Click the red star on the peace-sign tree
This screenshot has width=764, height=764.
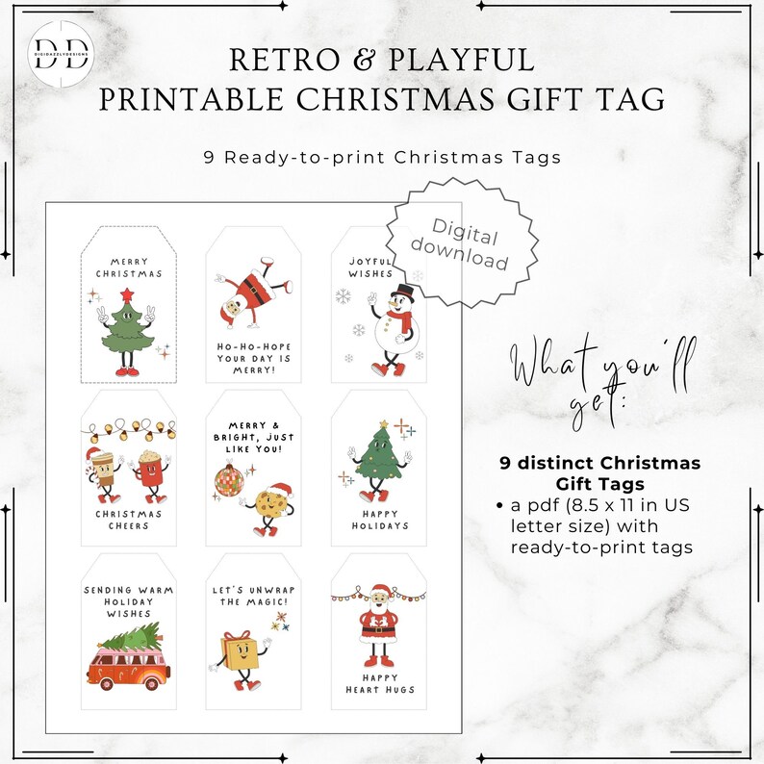[x=125, y=293]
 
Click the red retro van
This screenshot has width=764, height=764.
[x=128, y=664]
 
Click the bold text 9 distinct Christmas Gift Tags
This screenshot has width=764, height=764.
[x=600, y=472]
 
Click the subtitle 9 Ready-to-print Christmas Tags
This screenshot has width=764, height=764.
[x=382, y=156]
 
